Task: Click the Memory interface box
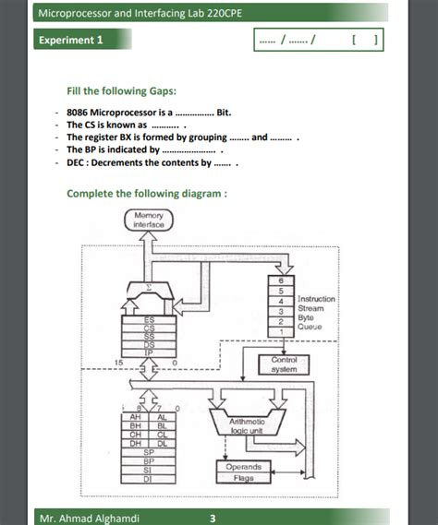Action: [149, 220]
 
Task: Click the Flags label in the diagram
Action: [244, 479]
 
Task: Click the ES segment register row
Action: [149, 318]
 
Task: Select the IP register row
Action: [149, 352]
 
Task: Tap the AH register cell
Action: [136, 417]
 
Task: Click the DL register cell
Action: [162, 443]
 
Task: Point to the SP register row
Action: [149, 452]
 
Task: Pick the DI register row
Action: [149, 479]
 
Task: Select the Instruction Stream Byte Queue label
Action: [316, 312]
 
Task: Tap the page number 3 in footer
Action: [213, 518]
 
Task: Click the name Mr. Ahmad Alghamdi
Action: [89, 518]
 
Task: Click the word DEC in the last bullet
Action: [77, 161]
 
